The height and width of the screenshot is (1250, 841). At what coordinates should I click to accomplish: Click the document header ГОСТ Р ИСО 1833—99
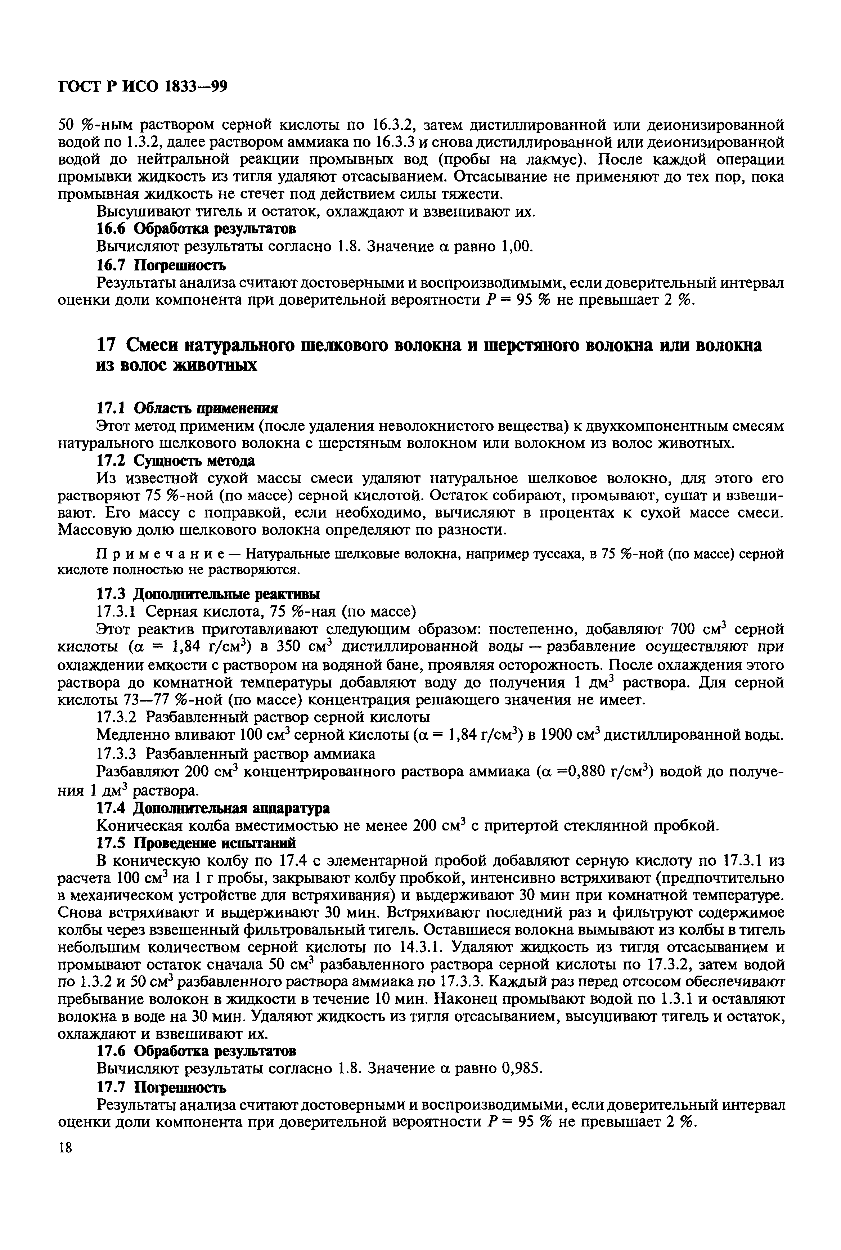143,86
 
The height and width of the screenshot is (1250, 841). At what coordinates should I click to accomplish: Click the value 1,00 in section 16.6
516,247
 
